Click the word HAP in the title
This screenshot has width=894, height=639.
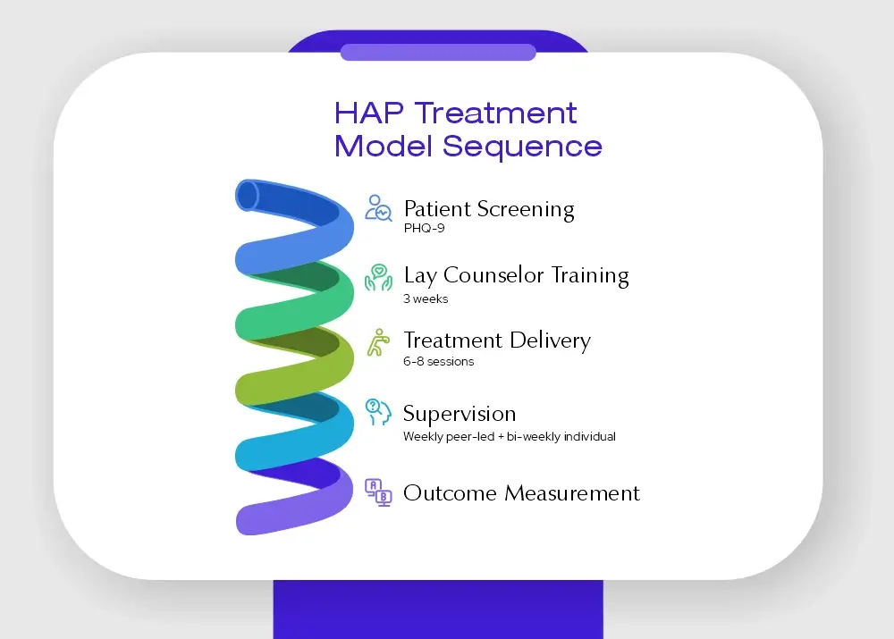coord(369,113)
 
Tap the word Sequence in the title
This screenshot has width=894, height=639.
coord(522,147)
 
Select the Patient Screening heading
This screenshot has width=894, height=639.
coord(489,209)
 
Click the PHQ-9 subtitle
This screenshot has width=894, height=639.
coord(424,228)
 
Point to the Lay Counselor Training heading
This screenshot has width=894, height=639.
coord(516,275)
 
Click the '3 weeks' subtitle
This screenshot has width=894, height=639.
coord(426,298)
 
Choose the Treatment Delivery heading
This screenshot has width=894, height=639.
coord(497,341)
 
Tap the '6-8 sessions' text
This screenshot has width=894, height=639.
coord(438,361)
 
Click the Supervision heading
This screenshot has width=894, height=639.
coord(460,414)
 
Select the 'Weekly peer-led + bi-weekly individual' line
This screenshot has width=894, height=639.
coord(510,437)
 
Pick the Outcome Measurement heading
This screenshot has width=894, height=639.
coord(521,493)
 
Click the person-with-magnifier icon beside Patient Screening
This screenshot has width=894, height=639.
coord(378,208)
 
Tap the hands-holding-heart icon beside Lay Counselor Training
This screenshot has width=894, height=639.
coord(378,277)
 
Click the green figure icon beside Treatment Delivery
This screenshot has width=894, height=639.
coord(378,342)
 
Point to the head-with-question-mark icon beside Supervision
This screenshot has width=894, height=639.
coord(378,412)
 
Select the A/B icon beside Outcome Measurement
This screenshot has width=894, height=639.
coord(378,492)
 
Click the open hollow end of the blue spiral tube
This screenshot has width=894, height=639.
coord(248,196)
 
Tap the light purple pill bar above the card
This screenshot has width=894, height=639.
coord(438,52)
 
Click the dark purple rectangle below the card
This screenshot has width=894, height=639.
coord(438,610)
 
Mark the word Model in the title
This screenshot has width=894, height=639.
coord(384,146)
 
